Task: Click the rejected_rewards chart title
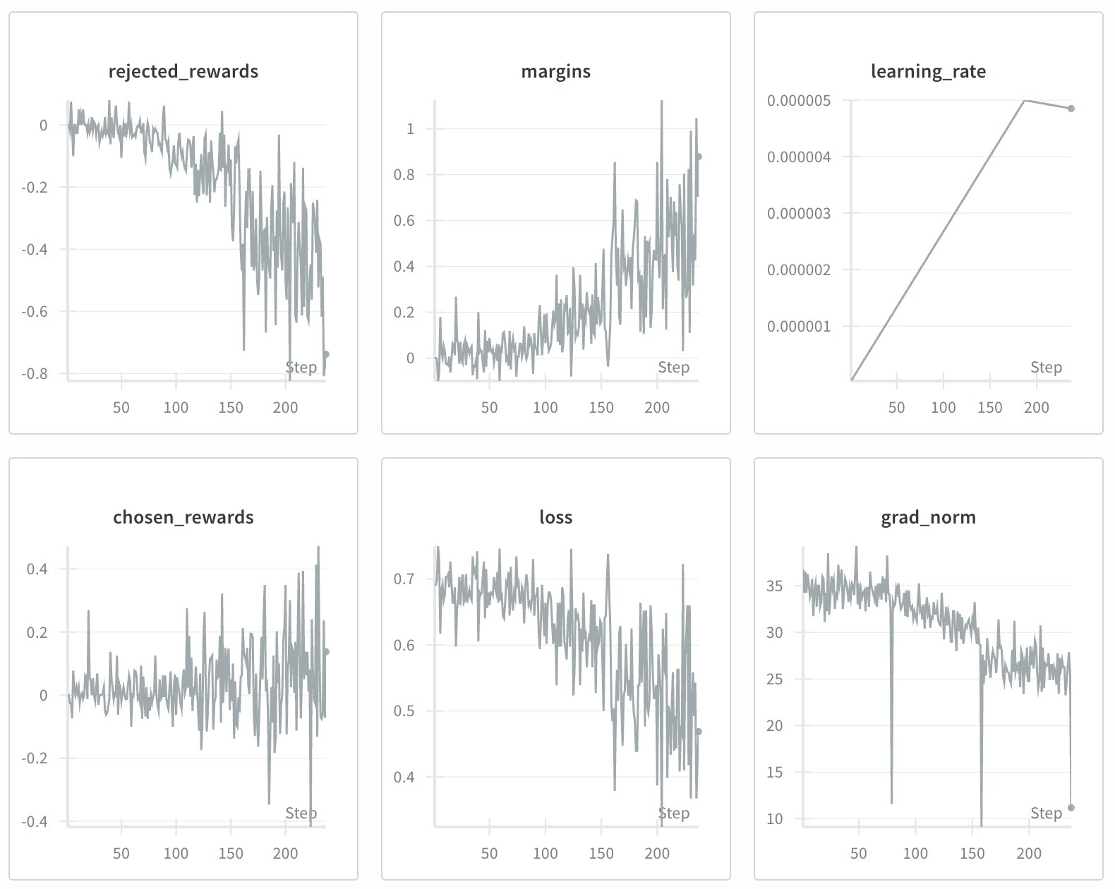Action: click(183, 71)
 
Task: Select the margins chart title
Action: click(555, 71)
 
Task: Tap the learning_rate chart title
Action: click(928, 71)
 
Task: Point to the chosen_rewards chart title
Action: click(183, 517)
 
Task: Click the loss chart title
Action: click(555, 517)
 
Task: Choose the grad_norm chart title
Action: click(928, 517)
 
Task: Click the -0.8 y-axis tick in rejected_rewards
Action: click(35, 374)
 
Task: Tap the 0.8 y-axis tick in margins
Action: click(404, 175)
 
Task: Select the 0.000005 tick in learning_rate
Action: click(799, 101)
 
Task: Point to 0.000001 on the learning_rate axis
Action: click(799, 327)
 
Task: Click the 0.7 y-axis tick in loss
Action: click(404, 579)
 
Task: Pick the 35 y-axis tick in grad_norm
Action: click(774, 586)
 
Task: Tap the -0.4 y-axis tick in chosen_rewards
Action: click(35, 822)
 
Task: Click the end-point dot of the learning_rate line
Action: click(1071, 109)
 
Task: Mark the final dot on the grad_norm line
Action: click(1071, 808)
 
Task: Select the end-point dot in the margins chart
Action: click(699, 157)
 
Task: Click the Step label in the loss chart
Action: click(673, 814)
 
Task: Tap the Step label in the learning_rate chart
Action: click(1046, 367)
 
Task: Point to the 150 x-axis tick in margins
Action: click(601, 408)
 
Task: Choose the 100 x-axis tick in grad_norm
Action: click(915, 854)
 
